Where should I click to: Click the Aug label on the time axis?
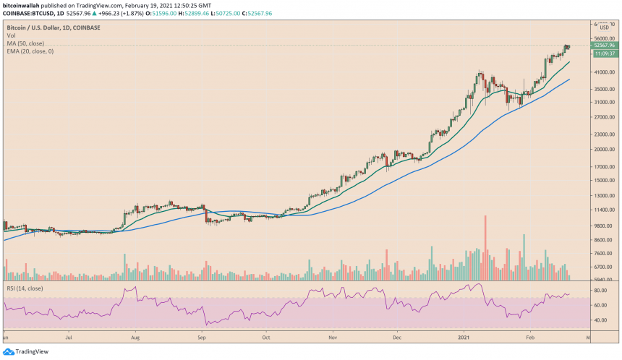point(136,337)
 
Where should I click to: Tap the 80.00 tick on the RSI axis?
point(600,291)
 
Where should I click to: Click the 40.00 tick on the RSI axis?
point(600,320)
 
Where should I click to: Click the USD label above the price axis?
point(605,27)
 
